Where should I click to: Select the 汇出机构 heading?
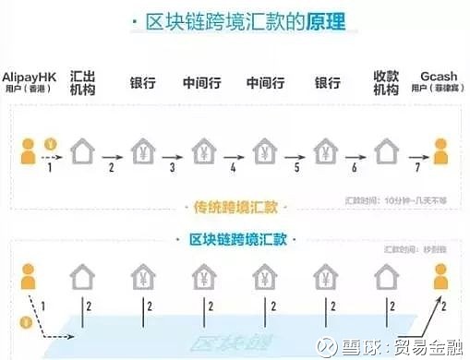pyautogui.click(x=85, y=81)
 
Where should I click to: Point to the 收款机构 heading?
pyautogui.click(x=385, y=81)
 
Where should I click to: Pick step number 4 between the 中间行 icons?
pyautogui.click(x=233, y=166)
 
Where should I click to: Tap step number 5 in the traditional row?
pyautogui.click(x=295, y=166)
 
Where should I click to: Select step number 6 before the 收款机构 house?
pyautogui.click(x=355, y=166)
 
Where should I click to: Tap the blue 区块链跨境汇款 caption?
pyautogui.click(x=235, y=240)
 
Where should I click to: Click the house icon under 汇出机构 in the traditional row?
pyautogui.click(x=85, y=146)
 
